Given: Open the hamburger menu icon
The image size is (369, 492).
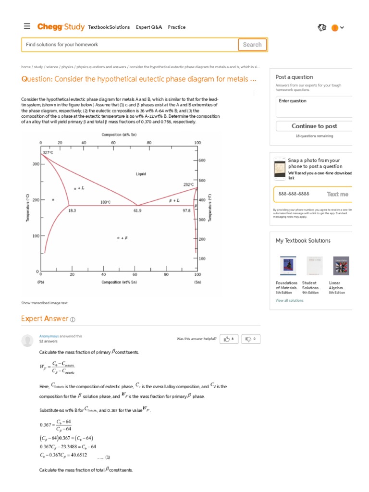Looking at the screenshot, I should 27,26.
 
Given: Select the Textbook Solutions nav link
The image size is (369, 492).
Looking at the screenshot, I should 109,27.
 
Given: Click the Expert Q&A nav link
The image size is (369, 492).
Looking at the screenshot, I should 149,27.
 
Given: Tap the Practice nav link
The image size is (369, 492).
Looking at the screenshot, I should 177,27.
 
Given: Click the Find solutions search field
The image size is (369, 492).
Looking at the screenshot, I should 130,45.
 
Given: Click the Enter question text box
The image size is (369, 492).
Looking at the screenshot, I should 314,107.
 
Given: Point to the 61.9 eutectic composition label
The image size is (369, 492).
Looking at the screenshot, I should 137,210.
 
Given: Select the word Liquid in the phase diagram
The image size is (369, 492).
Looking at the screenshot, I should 141,174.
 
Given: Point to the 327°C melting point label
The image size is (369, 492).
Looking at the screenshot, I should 48,152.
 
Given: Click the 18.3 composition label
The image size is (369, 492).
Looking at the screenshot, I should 72,210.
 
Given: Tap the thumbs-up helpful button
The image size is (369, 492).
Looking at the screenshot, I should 229,339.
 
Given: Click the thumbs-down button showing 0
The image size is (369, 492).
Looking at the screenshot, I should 250,339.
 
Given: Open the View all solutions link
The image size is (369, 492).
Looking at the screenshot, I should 289,300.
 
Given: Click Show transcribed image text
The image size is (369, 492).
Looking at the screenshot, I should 44,303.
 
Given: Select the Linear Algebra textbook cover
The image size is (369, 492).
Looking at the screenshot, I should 342,266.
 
